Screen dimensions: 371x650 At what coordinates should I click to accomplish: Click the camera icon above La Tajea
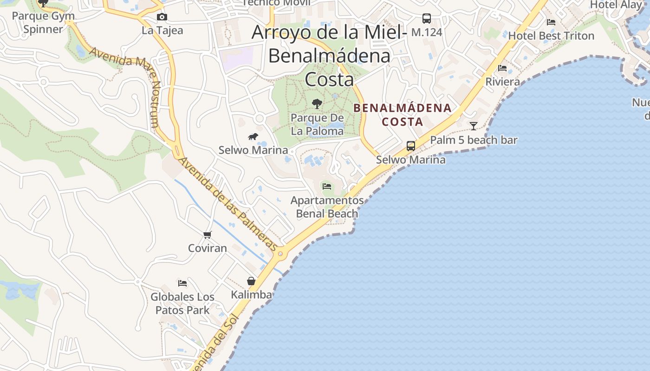(x=162, y=17)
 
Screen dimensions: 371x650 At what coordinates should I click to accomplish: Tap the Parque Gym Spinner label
(x=43, y=23)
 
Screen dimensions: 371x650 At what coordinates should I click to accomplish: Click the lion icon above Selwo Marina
(x=253, y=136)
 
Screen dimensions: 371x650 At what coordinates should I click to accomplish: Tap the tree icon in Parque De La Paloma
(x=317, y=103)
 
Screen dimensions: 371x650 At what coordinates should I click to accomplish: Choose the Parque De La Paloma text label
(x=317, y=124)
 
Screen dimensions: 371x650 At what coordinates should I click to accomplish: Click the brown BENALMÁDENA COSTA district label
(x=402, y=115)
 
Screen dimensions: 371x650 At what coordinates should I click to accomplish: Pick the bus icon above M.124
(x=426, y=19)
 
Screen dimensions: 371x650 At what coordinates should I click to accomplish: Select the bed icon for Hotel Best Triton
(x=551, y=22)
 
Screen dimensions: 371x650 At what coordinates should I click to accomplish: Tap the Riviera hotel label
(x=502, y=82)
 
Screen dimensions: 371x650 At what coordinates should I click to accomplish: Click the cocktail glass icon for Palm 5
(x=473, y=126)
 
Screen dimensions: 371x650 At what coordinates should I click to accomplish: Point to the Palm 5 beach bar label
(x=474, y=140)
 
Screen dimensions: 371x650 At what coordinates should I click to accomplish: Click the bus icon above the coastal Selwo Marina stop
(x=411, y=146)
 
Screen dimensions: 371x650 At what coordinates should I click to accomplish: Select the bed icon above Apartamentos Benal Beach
(x=327, y=186)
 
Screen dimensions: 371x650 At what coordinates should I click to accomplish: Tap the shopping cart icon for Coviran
(x=208, y=235)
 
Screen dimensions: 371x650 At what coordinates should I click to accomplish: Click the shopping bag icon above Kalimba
(x=251, y=281)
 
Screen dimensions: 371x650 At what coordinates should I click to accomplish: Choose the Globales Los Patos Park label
(x=182, y=303)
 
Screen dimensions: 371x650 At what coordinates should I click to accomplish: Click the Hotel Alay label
(x=615, y=5)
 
